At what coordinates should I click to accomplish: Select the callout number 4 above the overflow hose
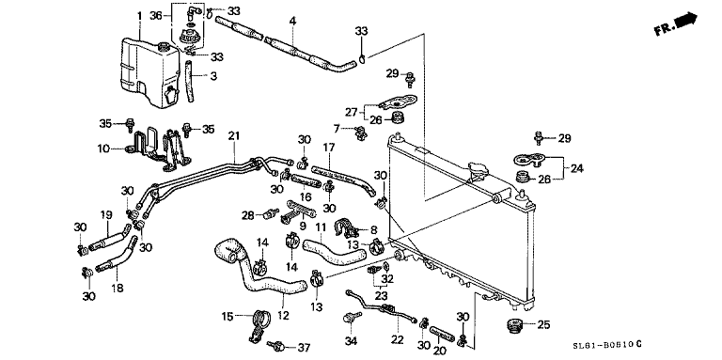[292, 20]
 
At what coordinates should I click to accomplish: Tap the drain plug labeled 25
[513, 326]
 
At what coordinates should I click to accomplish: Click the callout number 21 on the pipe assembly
[234, 137]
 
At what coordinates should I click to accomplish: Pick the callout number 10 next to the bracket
[103, 148]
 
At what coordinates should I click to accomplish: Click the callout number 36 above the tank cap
[156, 15]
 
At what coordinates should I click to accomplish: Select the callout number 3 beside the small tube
[212, 75]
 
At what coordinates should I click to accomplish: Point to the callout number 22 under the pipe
[397, 339]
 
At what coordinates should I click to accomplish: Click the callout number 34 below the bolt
[352, 339]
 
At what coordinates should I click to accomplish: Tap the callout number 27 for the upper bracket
[352, 110]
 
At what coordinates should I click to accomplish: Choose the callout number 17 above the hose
[328, 148]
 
